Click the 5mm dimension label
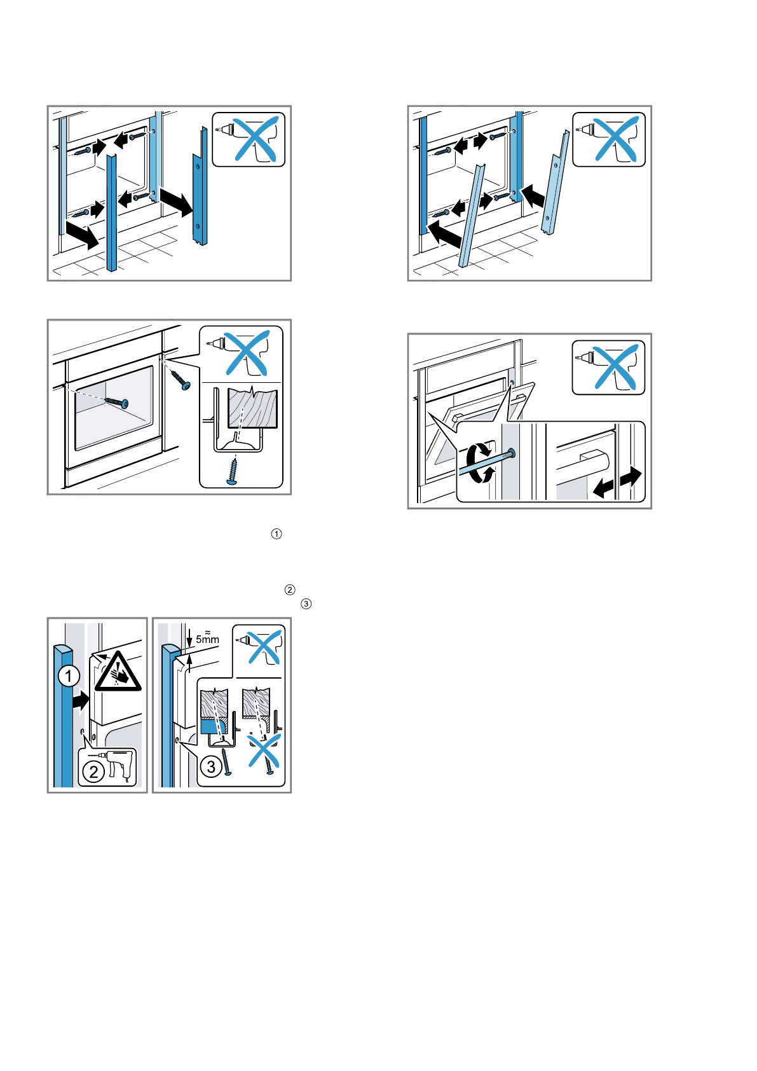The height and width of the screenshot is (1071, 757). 207,639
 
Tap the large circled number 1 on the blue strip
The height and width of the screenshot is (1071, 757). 69,676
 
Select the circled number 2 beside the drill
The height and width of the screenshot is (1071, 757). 93,772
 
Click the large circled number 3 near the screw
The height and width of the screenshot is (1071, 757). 211,766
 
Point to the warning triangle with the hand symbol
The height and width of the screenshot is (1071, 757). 118,672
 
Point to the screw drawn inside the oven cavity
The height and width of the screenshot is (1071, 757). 116,402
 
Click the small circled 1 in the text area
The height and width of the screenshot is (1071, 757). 276,534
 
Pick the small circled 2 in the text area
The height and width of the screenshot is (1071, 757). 290,590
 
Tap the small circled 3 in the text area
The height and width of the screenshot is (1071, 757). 306,604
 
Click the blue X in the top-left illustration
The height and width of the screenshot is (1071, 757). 256,138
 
